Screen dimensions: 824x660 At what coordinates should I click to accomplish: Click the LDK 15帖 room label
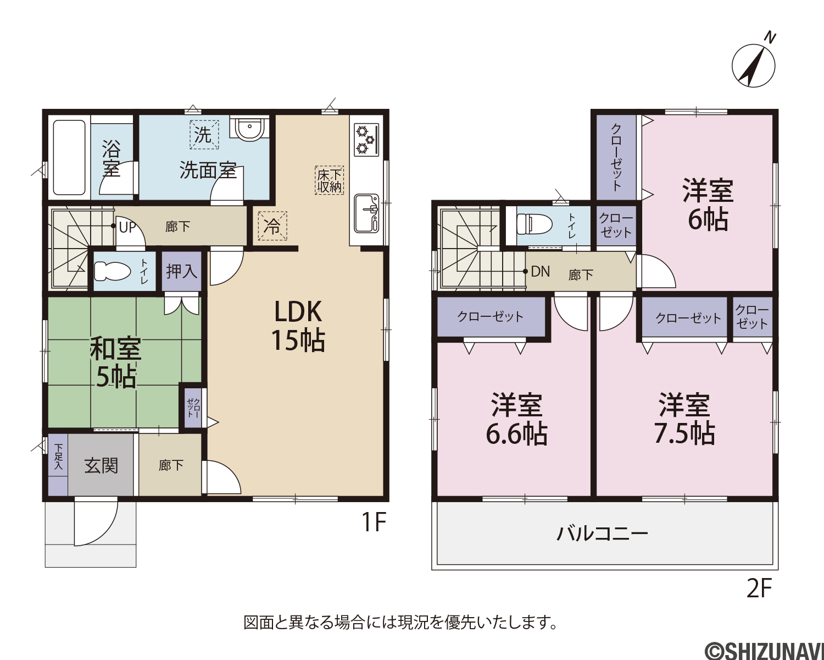point(298,326)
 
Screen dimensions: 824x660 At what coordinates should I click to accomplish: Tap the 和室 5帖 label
point(115,362)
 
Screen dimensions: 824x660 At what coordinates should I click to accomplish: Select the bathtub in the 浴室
point(69,158)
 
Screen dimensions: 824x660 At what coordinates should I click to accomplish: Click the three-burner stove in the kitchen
point(366,140)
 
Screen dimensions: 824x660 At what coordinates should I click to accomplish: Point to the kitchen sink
point(366,213)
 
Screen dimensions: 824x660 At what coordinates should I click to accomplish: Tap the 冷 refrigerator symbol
point(272,226)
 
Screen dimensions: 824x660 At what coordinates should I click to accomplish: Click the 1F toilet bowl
point(112,271)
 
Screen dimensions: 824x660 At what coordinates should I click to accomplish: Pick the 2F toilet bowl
point(534,224)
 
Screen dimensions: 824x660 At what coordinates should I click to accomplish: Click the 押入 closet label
point(181,272)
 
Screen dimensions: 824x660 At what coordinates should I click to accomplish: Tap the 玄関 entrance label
point(101,465)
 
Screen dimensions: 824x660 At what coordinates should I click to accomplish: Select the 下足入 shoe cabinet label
point(58,457)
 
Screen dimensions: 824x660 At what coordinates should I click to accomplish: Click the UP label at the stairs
point(127,227)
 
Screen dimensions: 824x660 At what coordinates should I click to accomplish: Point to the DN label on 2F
point(541,272)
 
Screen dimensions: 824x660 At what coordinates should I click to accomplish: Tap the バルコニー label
point(602,534)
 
